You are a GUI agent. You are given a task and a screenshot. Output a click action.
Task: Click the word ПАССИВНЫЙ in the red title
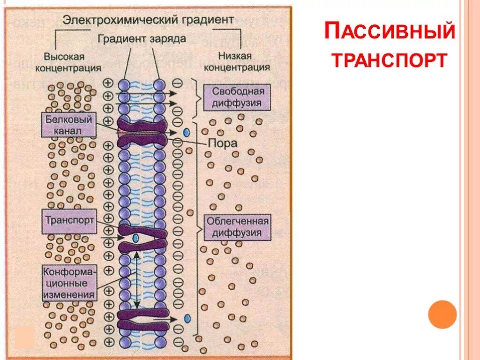pos(390,32)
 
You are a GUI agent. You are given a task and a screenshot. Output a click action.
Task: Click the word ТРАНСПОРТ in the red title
pos(390,60)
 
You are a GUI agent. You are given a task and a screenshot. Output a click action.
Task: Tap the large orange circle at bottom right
pos(442,314)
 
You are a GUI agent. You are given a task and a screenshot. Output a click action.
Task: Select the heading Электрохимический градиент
pos(148,20)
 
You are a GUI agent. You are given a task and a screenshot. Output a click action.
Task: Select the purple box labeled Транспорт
pos(69,221)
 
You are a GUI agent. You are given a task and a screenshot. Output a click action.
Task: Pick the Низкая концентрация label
pos(241,62)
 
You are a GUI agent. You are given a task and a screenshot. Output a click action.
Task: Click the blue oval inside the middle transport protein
pos(135,238)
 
